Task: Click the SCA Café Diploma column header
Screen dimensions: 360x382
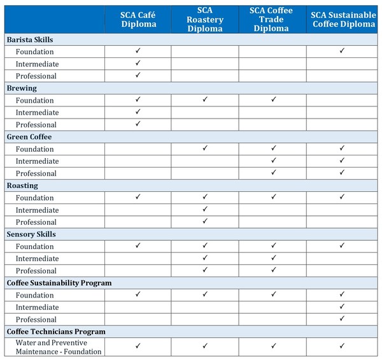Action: pyautogui.click(x=138, y=20)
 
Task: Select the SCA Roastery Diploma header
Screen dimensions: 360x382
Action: pyautogui.click(x=205, y=20)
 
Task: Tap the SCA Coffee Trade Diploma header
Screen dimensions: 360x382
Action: pyautogui.click(x=272, y=20)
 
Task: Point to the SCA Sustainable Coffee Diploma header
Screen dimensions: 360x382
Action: pyautogui.click(x=343, y=20)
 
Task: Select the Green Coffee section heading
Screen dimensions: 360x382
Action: pyautogui.click(x=29, y=137)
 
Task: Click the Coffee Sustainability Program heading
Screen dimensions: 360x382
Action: pyautogui.click(x=59, y=283)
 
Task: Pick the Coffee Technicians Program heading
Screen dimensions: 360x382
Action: pyautogui.click(x=56, y=332)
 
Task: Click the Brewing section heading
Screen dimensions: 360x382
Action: pyautogui.click(x=22, y=88)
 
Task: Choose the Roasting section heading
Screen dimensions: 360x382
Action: pyautogui.click(x=22, y=185)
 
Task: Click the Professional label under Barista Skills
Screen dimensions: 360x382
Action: pyautogui.click(x=36, y=76)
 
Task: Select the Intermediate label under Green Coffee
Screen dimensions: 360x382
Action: pyautogui.click(x=37, y=161)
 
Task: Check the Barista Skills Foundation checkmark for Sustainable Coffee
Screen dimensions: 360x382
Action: pyautogui.click(x=342, y=50)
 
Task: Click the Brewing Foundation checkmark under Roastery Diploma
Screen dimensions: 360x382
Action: pyautogui.click(x=205, y=99)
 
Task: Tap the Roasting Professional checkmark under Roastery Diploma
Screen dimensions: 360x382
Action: pyautogui.click(x=205, y=221)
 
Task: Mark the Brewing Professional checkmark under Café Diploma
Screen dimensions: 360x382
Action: pyautogui.click(x=138, y=124)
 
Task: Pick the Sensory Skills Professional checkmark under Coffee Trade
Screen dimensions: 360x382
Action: pyautogui.click(x=273, y=270)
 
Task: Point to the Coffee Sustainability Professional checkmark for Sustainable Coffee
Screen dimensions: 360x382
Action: pyautogui.click(x=342, y=319)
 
